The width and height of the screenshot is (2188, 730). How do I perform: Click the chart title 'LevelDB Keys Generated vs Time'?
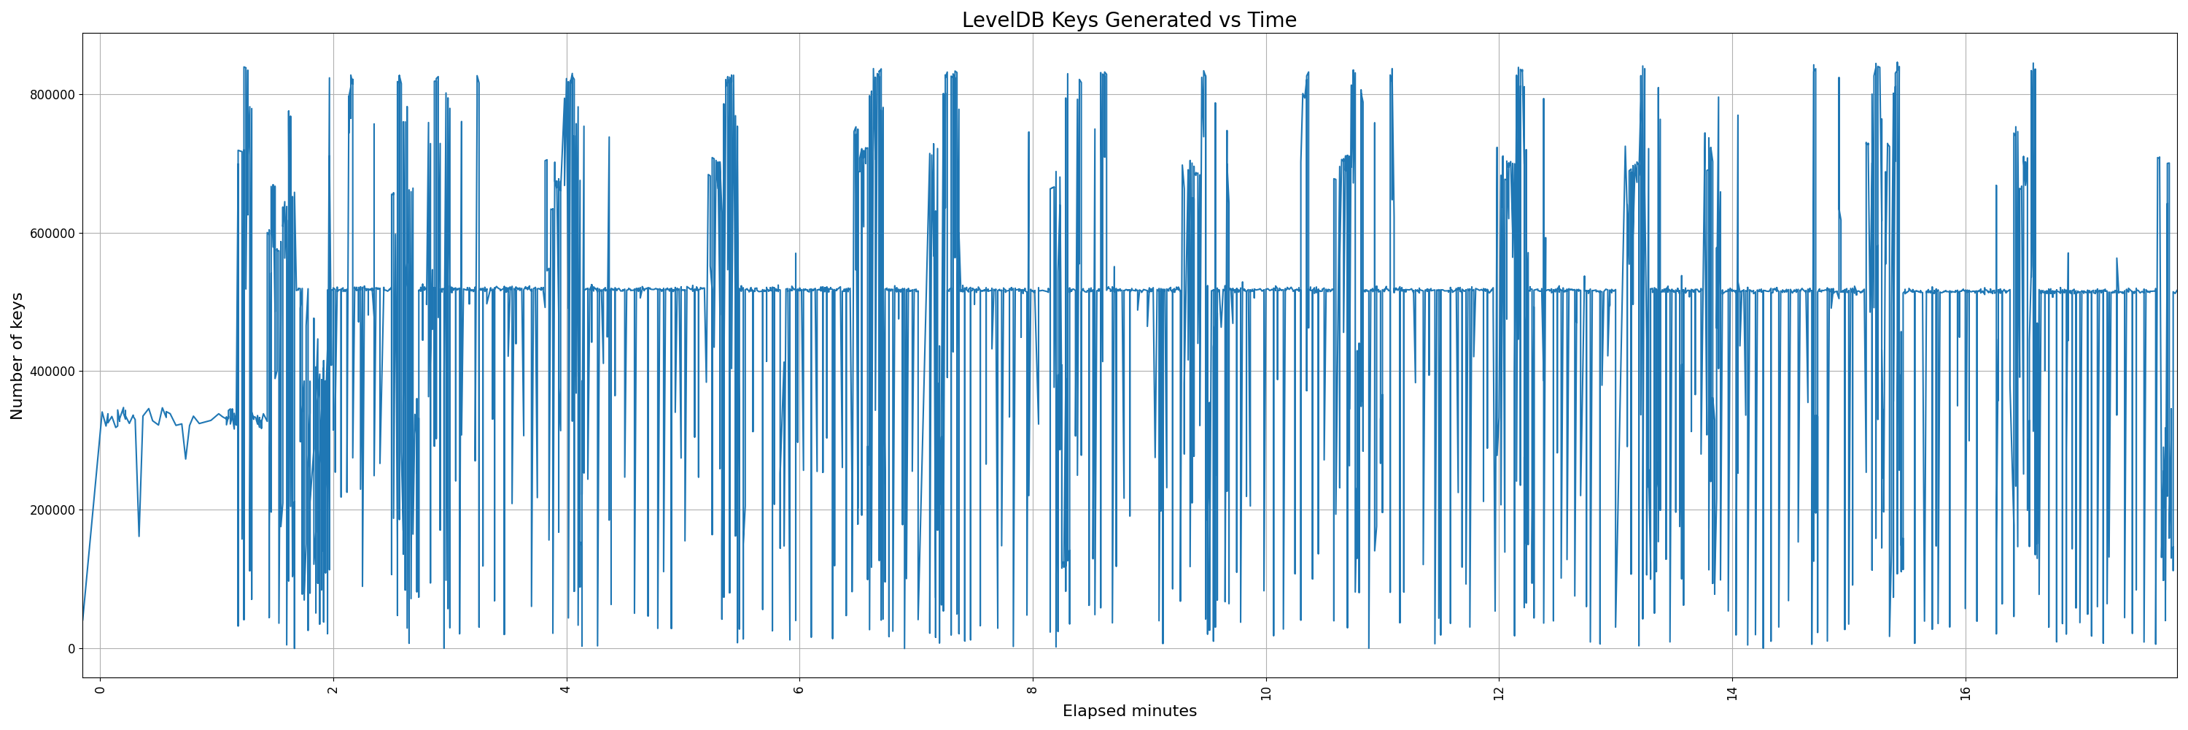point(1129,20)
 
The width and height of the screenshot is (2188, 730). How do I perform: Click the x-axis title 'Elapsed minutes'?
point(1129,711)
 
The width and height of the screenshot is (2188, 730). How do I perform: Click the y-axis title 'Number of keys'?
point(17,356)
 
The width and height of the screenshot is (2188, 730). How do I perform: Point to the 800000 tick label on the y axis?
point(52,94)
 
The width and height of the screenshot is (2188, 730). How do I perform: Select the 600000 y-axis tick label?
point(52,233)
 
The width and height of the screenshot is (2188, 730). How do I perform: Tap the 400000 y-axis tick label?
point(52,372)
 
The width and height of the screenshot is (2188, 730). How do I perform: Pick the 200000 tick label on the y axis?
point(52,510)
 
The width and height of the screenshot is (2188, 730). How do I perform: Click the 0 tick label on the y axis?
point(71,648)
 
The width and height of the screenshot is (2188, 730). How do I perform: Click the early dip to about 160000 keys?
point(139,535)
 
